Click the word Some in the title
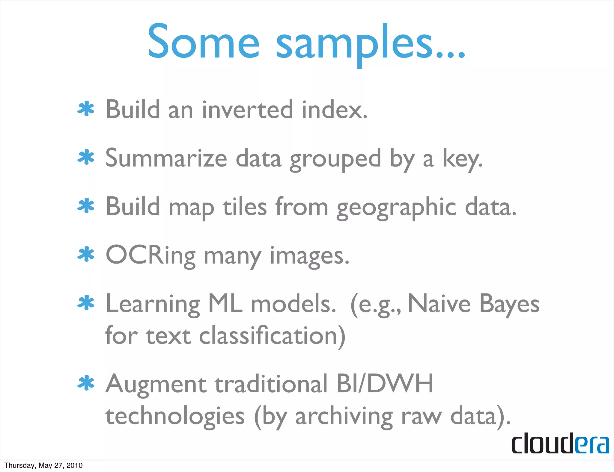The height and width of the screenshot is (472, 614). (203, 42)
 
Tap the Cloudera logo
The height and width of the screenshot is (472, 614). (560, 443)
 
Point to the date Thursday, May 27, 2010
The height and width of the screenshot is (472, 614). (43, 465)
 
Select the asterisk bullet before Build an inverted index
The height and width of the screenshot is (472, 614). (86, 109)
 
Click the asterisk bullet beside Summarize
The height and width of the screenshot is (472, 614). (86, 158)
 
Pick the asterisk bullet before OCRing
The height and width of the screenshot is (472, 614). (86, 255)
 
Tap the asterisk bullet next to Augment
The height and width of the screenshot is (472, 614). (86, 383)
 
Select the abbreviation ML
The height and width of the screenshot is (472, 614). (225, 304)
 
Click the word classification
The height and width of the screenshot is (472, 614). (272, 336)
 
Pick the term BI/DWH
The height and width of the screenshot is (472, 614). (385, 384)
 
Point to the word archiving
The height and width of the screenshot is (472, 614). (344, 417)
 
